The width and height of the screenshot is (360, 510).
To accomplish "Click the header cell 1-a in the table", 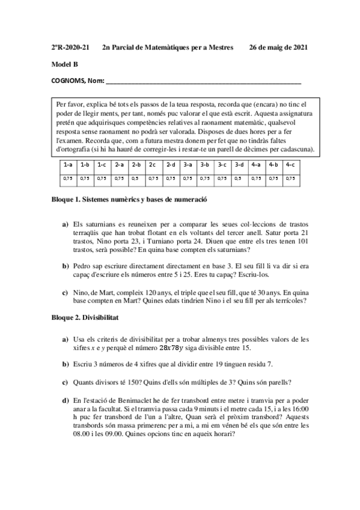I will [x=68, y=164].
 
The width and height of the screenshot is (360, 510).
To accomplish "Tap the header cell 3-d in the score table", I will [x=239, y=164].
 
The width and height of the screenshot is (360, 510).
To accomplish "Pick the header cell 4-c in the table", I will [x=291, y=164].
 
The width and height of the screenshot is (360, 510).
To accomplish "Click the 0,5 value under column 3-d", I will [x=239, y=178].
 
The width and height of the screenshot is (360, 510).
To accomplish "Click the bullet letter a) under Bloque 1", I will [x=66, y=224].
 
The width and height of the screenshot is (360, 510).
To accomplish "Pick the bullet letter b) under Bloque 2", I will [x=66, y=364].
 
